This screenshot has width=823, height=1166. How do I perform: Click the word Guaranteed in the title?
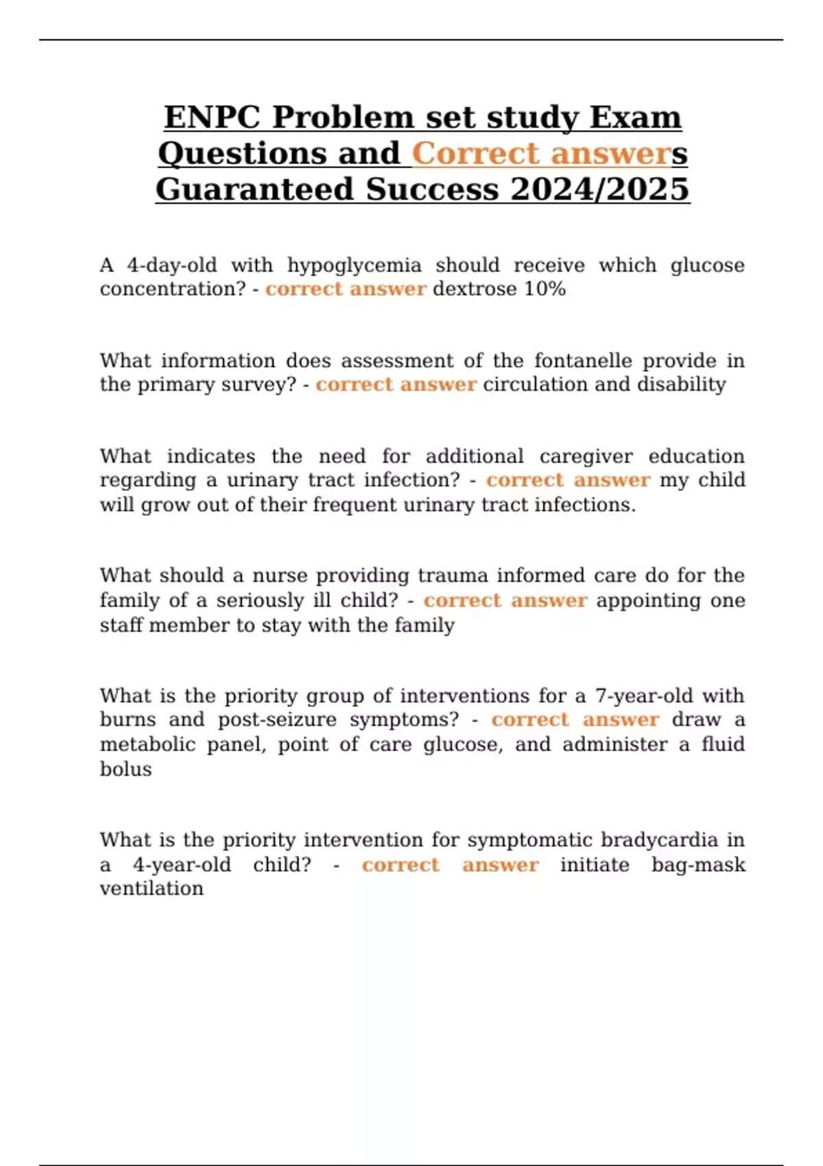(x=253, y=189)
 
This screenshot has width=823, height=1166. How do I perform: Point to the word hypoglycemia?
(x=354, y=265)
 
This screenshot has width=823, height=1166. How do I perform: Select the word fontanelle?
(x=582, y=360)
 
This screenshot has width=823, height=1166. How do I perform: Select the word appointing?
(x=647, y=600)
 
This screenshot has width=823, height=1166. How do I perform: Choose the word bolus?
(x=126, y=769)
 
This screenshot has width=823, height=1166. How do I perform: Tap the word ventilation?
(x=152, y=888)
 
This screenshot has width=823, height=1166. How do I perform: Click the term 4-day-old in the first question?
(x=171, y=265)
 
